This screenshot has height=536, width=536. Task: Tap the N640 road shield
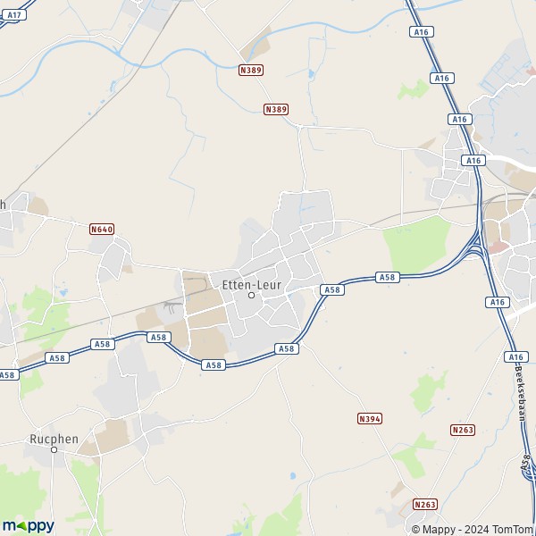(102, 230)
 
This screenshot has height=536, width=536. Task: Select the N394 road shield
(369, 418)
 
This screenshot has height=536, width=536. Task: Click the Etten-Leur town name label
(251, 284)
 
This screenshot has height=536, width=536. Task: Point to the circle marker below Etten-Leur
(251, 296)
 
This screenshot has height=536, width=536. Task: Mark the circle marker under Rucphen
(54, 449)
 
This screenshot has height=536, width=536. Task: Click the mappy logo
(28, 525)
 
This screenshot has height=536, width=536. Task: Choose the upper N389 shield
(250, 69)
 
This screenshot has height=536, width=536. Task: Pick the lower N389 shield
(276, 109)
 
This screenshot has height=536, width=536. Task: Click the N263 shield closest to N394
(463, 430)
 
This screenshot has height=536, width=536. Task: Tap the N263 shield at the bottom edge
(425, 505)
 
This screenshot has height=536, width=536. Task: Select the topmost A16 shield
(422, 32)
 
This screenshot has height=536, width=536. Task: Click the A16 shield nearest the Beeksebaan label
(515, 356)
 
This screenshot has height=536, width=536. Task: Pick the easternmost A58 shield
(387, 278)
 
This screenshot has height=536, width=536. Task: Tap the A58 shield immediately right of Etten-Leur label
(331, 289)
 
